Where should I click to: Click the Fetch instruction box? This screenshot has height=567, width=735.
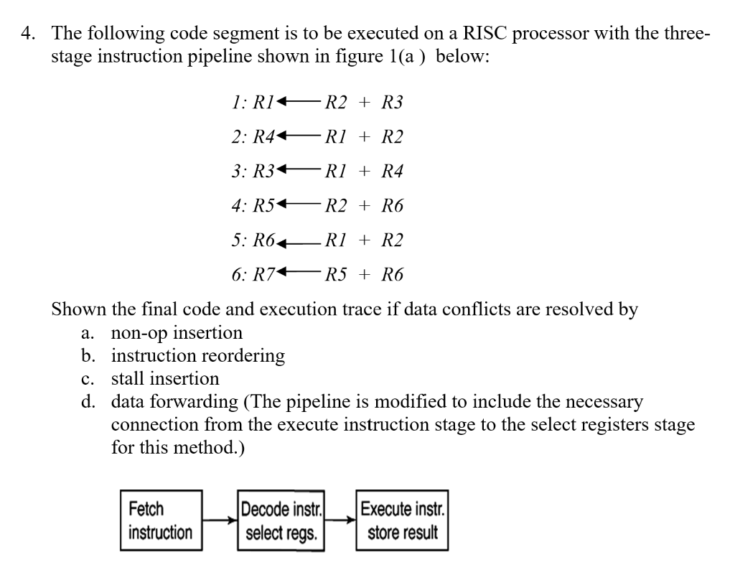coord(161,520)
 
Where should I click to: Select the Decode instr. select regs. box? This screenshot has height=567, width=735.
coord(284,520)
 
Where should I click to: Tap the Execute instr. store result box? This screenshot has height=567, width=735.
coord(402,520)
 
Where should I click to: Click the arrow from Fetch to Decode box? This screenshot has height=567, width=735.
coord(220,520)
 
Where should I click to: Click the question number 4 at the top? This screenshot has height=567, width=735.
coord(28,34)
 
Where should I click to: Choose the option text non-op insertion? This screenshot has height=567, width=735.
coord(177,333)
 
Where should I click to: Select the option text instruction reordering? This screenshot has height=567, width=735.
coord(197,355)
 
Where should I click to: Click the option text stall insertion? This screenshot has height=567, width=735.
coord(165,378)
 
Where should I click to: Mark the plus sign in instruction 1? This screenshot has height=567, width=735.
coord(365,103)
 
